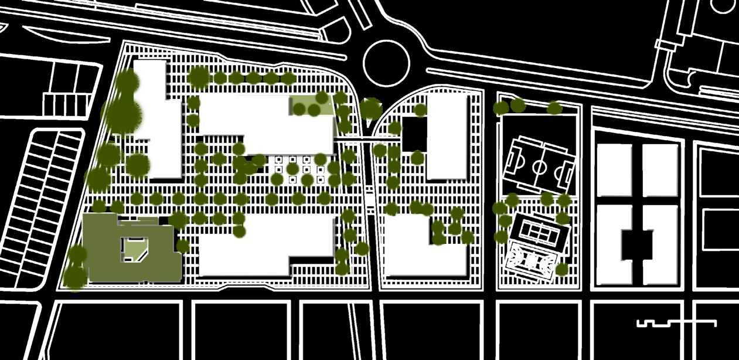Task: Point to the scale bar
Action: click(x=676, y=322)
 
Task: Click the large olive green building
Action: click(x=103, y=246)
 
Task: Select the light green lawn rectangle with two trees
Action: click(x=312, y=106)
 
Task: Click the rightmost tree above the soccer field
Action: click(x=554, y=108)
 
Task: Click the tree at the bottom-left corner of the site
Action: click(x=75, y=277)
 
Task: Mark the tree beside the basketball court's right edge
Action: click(x=561, y=269)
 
